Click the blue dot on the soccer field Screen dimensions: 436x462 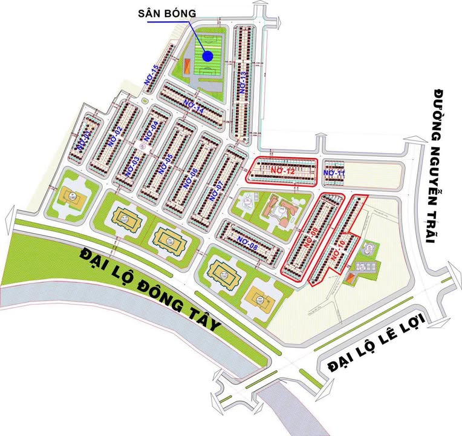click(207, 56)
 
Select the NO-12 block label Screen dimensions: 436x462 click(282, 171)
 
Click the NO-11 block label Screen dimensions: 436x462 click(333, 173)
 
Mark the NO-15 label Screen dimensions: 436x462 click(151, 75)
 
